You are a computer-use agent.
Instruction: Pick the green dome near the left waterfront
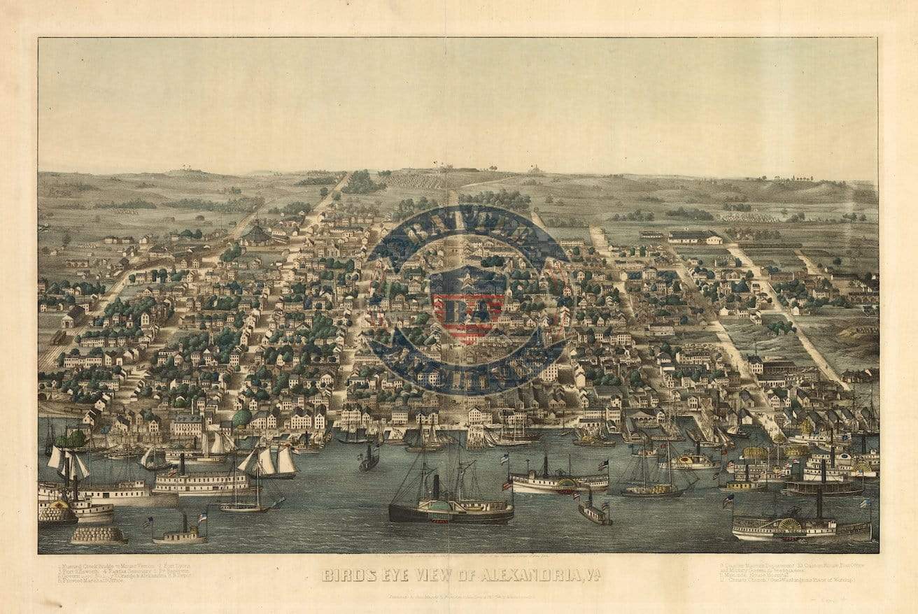coord(241,418)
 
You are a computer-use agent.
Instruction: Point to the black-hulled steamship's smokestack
coord(435,486)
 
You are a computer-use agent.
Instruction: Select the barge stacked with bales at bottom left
coord(99,535)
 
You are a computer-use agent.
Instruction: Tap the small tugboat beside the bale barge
coord(180,535)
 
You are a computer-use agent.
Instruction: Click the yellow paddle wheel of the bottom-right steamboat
coord(790,525)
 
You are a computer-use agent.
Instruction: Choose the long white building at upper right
coord(694,237)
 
